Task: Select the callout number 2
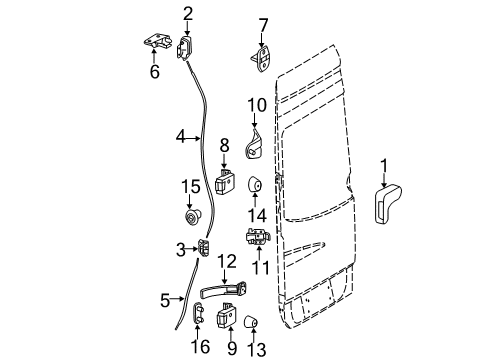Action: (187, 13)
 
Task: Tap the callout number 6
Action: (154, 73)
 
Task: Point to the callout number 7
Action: (263, 23)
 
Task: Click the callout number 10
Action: (256, 103)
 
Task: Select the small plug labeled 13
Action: (251, 321)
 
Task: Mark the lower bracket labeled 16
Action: (197, 315)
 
